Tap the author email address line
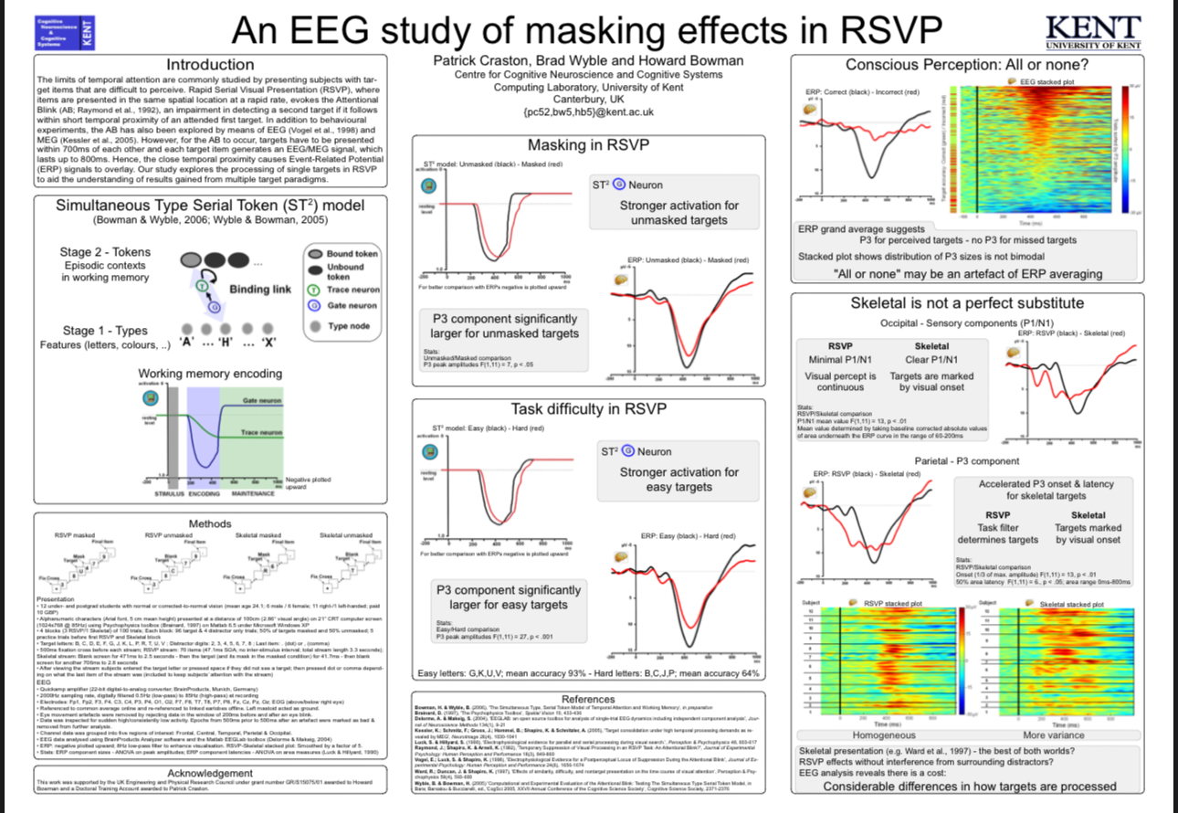(588, 112)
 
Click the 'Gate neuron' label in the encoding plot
(262, 402)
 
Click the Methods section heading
(209, 523)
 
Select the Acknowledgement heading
(210, 773)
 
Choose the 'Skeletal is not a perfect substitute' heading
(967, 302)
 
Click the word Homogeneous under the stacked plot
(883, 734)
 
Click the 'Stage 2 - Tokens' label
(100, 252)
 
